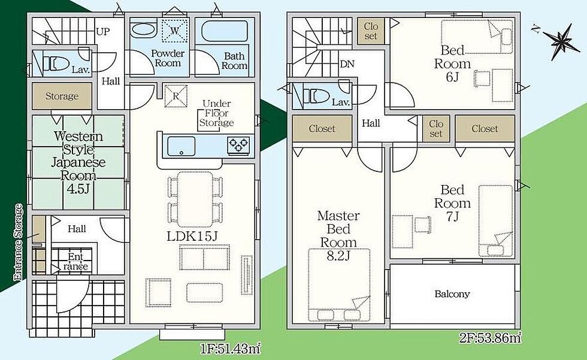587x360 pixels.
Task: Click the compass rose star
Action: pos(561,41)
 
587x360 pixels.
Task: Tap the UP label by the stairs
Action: pos(103,31)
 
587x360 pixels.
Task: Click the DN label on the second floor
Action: pos(347,64)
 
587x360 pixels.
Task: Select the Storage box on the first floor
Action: pos(62,96)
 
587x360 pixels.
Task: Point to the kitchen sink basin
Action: pos(181,146)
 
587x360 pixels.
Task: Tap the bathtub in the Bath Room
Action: pos(225,31)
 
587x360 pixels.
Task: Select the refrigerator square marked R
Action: pos(176,96)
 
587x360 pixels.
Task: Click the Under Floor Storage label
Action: pos(216,113)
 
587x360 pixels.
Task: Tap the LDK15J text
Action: pos(192,236)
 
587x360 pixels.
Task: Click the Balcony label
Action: pos(452,294)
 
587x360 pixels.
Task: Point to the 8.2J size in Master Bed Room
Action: pos(338,256)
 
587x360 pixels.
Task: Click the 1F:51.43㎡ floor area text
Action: pos(230,349)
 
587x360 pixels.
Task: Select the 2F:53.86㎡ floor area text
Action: pos(490,338)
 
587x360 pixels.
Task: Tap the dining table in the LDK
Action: pos(195,199)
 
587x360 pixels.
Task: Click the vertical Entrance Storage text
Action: pos(18,242)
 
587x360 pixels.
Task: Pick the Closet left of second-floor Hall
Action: pos(322,129)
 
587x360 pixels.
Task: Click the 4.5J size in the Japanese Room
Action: pos(78,189)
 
